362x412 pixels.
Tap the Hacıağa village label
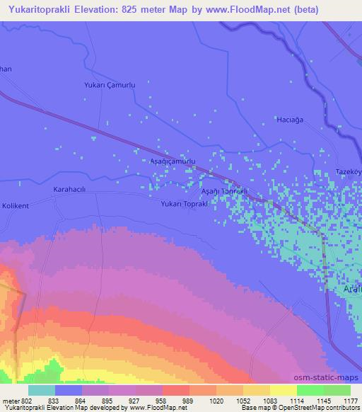point(288,120)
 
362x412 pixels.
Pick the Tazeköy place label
point(348,173)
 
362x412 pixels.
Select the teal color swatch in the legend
point(42,390)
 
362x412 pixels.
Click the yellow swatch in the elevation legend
point(283,390)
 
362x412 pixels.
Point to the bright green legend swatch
point(310,390)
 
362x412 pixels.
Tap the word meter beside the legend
point(12,401)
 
